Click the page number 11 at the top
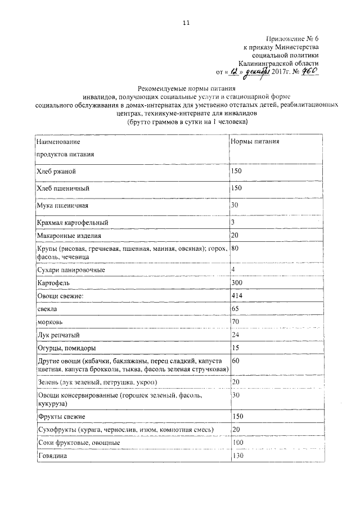186,22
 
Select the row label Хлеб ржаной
56,171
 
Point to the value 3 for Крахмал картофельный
233,223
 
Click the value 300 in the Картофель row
237,283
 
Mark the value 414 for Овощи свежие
237,295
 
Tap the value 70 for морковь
236,322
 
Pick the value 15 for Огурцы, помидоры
236,348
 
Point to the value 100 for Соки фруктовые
237,443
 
